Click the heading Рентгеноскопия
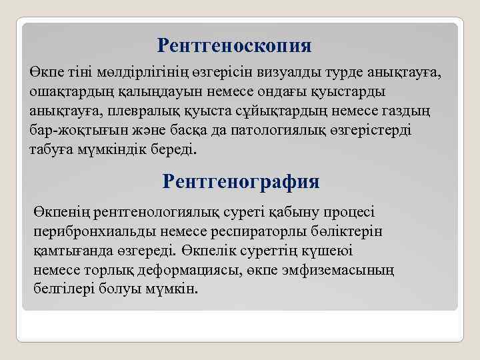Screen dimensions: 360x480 coord(235,46)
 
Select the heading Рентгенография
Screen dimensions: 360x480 coord(241,181)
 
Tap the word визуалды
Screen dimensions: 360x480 coord(285,72)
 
